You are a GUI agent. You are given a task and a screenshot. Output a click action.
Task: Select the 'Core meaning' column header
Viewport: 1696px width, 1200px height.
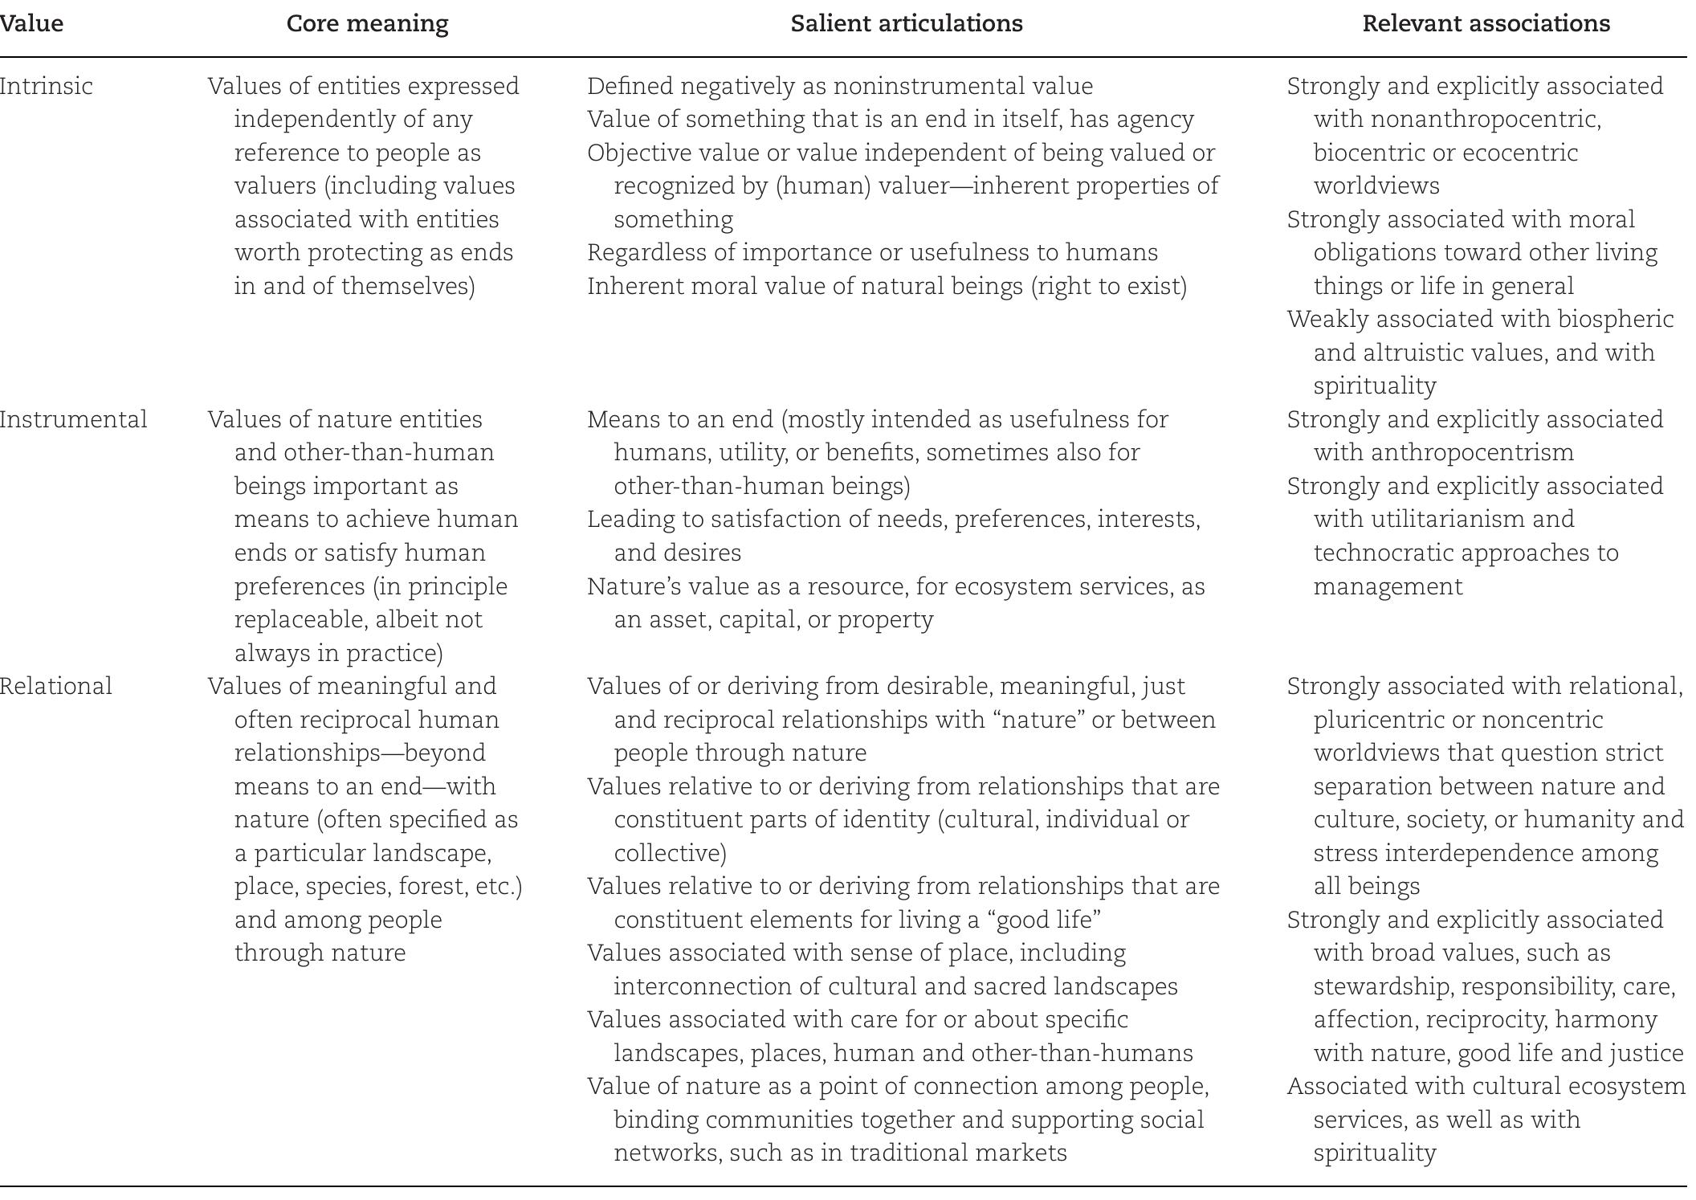tap(367, 24)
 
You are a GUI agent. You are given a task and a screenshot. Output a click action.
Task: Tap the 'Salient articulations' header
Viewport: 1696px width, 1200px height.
tap(906, 24)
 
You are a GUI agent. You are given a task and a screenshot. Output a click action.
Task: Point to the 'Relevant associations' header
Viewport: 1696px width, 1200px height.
tap(1486, 24)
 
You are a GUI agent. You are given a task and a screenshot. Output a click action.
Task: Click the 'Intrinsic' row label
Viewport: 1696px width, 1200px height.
tap(46, 86)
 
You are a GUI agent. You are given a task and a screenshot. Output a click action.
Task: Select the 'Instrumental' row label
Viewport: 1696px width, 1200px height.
tap(73, 419)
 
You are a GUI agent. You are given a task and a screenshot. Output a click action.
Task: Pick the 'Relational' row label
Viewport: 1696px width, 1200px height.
tap(55, 686)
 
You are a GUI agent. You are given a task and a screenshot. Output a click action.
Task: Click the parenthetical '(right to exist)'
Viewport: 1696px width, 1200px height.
tap(1109, 286)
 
